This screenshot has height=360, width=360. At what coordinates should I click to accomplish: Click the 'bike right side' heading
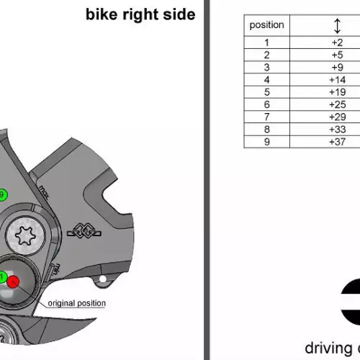(x=140, y=14)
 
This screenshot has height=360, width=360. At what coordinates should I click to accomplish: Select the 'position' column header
(x=266, y=25)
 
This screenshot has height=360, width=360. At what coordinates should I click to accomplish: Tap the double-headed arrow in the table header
(x=337, y=26)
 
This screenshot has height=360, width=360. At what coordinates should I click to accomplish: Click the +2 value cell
(x=337, y=42)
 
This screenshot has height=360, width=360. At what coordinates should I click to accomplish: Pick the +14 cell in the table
(x=337, y=80)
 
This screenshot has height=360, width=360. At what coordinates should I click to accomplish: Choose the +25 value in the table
(x=337, y=104)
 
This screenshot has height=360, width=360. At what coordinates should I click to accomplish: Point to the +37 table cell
(x=337, y=142)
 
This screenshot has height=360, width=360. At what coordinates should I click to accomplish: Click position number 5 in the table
(x=266, y=92)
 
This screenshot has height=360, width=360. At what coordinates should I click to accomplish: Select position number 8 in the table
(x=266, y=130)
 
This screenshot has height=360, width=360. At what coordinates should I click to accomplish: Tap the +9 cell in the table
(x=337, y=67)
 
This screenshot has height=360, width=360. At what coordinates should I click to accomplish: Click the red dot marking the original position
(x=13, y=282)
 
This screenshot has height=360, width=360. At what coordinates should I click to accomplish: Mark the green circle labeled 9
(x=2, y=194)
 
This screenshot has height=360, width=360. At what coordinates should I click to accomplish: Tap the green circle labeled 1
(x=2, y=277)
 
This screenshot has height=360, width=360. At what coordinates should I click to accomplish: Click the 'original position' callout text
(x=77, y=303)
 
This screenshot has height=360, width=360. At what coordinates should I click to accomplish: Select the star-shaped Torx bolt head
(x=25, y=236)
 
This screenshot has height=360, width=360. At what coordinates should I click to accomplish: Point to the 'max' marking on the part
(x=44, y=192)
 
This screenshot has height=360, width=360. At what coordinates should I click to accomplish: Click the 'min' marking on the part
(x=56, y=269)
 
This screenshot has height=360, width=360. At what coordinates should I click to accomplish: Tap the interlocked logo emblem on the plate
(x=84, y=231)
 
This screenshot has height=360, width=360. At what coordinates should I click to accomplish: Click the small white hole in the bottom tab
(x=103, y=279)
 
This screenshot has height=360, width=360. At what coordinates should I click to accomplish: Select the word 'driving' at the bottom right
(x=328, y=348)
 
